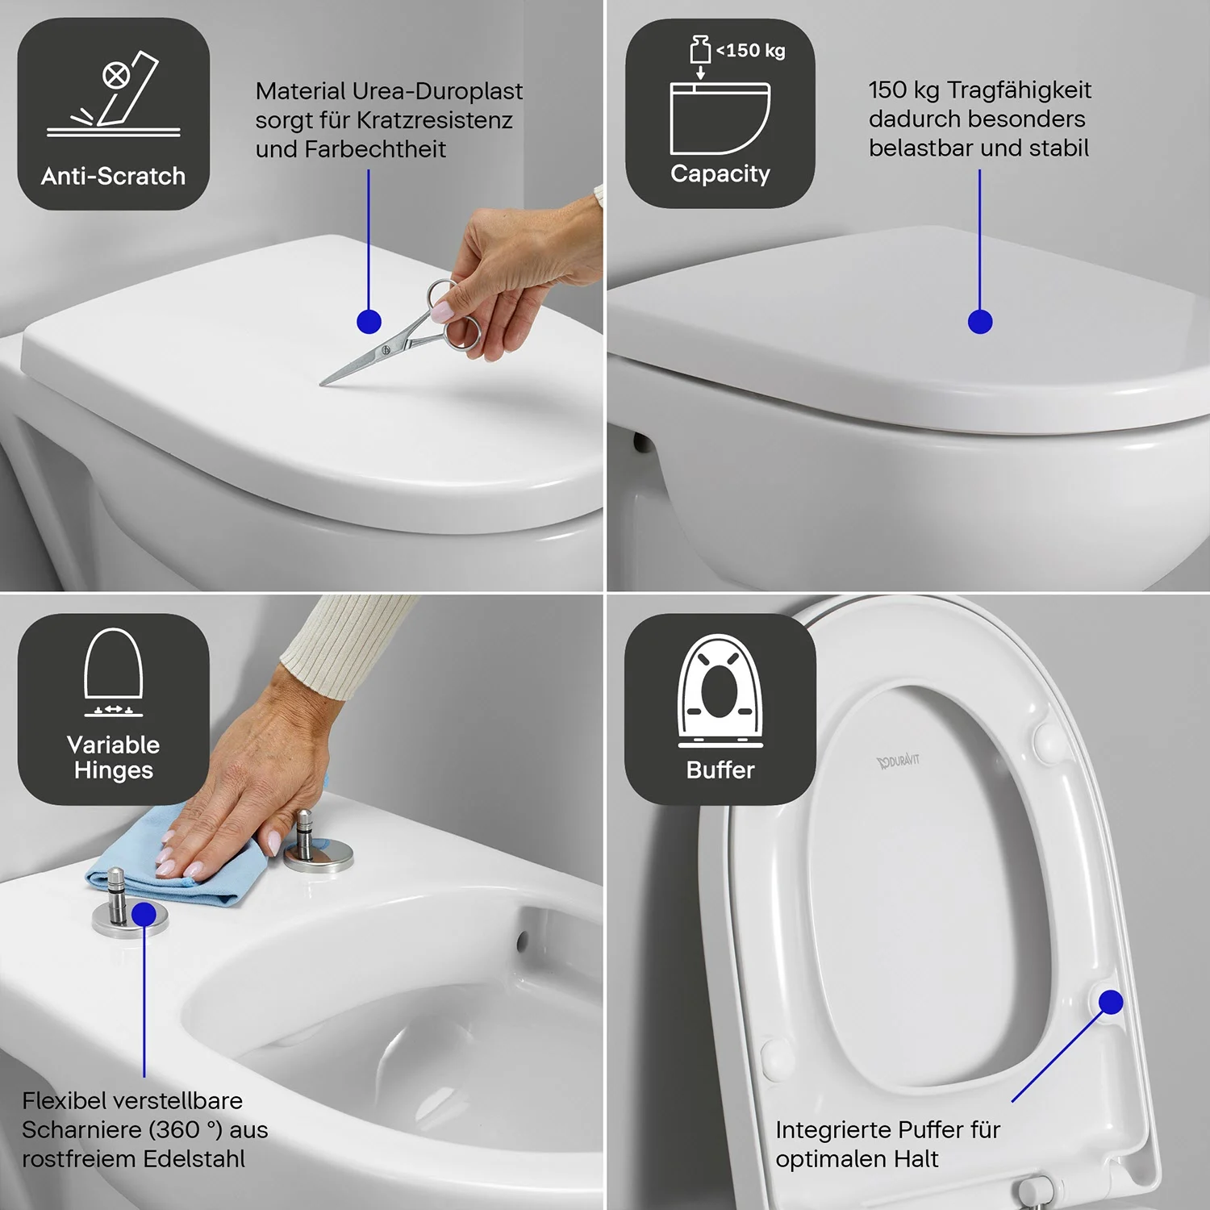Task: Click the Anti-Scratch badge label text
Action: [x=113, y=176]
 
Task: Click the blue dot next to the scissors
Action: [x=369, y=322]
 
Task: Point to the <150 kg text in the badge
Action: [x=750, y=50]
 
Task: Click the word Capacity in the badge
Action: [x=720, y=174]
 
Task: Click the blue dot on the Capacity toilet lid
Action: [x=980, y=322]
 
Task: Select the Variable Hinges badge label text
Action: [x=114, y=757]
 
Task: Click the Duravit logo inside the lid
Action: [x=898, y=760]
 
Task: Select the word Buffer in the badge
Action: [x=720, y=770]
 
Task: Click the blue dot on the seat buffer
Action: [x=1111, y=1002]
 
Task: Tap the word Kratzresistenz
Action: [x=435, y=120]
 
